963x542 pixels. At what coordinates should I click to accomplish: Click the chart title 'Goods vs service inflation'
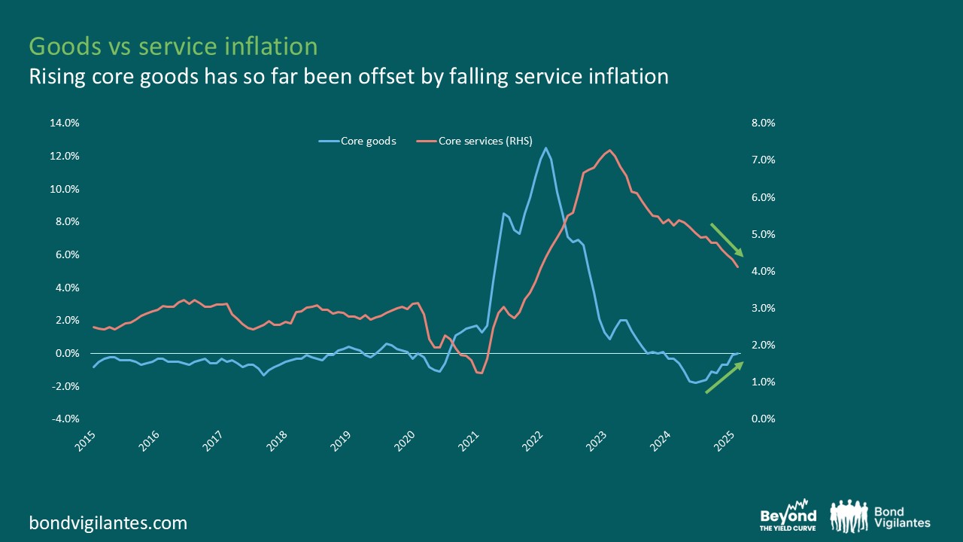173,47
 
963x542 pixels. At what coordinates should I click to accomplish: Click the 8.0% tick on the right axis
763,123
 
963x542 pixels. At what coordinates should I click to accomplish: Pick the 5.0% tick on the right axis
763,234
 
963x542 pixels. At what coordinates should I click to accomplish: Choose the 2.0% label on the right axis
763,346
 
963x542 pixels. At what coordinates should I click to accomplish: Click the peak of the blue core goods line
545,148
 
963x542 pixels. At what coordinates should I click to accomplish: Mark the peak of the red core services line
609,151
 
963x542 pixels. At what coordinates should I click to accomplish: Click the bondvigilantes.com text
108,522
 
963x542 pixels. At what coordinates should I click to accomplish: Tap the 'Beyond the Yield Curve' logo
788,517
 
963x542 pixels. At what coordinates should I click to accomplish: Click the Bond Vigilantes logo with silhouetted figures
880,516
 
